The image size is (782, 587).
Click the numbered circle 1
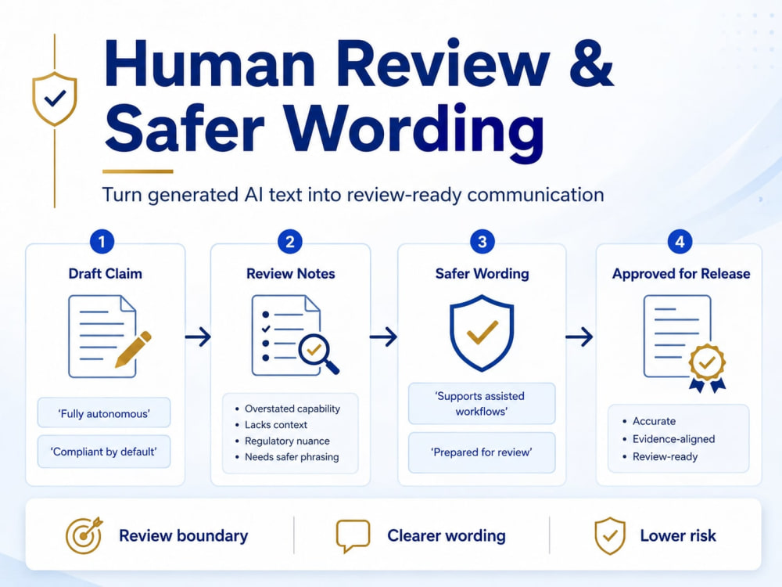(x=102, y=242)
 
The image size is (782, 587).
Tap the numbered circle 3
(x=482, y=242)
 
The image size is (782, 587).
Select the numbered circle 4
(x=680, y=242)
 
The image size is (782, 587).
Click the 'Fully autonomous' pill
(x=104, y=412)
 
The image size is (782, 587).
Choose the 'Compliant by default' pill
(x=104, y=452)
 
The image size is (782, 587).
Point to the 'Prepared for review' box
(x=482, y=452)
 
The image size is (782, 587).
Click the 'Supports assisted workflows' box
(x=482, y=403)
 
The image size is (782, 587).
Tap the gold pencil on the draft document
(x=133, y=349)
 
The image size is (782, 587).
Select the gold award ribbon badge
(x=707, y=369)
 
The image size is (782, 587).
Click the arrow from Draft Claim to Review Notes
(x=198, y=337)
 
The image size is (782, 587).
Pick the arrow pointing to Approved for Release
(x=579, y=337)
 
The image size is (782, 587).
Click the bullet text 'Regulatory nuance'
(x=287, y=441)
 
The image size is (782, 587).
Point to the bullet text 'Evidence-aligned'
(x=674, y=439)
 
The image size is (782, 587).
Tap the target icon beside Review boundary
(x=84, y=535)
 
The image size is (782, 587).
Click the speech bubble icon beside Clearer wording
(x=353, y=536)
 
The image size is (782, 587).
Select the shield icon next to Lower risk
(x=610, y=536)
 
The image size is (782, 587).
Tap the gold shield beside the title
(x=55, y=99)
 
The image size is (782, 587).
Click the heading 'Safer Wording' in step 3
(x=482, y=273)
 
